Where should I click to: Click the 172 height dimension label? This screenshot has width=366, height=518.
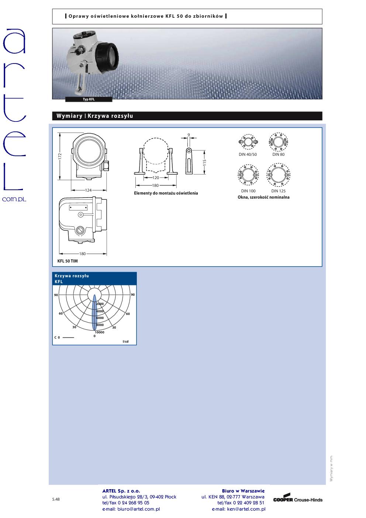(60, 156)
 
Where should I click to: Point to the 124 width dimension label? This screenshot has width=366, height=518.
(88, 191)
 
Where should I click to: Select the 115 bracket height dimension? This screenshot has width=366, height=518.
(205, 161)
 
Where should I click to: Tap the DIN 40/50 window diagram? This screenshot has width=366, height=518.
(249, 142)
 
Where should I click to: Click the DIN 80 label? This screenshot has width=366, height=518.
(279, 154)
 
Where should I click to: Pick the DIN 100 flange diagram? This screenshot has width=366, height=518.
(248, 176)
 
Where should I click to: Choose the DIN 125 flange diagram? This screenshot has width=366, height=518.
(279, 176)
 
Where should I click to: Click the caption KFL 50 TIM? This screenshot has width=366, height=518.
(68, 261)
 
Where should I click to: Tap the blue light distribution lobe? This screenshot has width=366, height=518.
(94, 312)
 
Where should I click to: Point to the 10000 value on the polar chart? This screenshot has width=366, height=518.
(99, 332)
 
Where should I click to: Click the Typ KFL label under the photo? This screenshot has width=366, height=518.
(89, 99)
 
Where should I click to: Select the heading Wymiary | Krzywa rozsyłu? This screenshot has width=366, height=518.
(94, 116)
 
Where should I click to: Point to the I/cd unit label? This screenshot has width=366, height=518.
(125, 342)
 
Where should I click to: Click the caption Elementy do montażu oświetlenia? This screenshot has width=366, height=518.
(166, 193)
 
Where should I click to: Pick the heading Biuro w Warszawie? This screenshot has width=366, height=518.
(243, 491)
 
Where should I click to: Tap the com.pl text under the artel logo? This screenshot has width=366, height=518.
(14, 199)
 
